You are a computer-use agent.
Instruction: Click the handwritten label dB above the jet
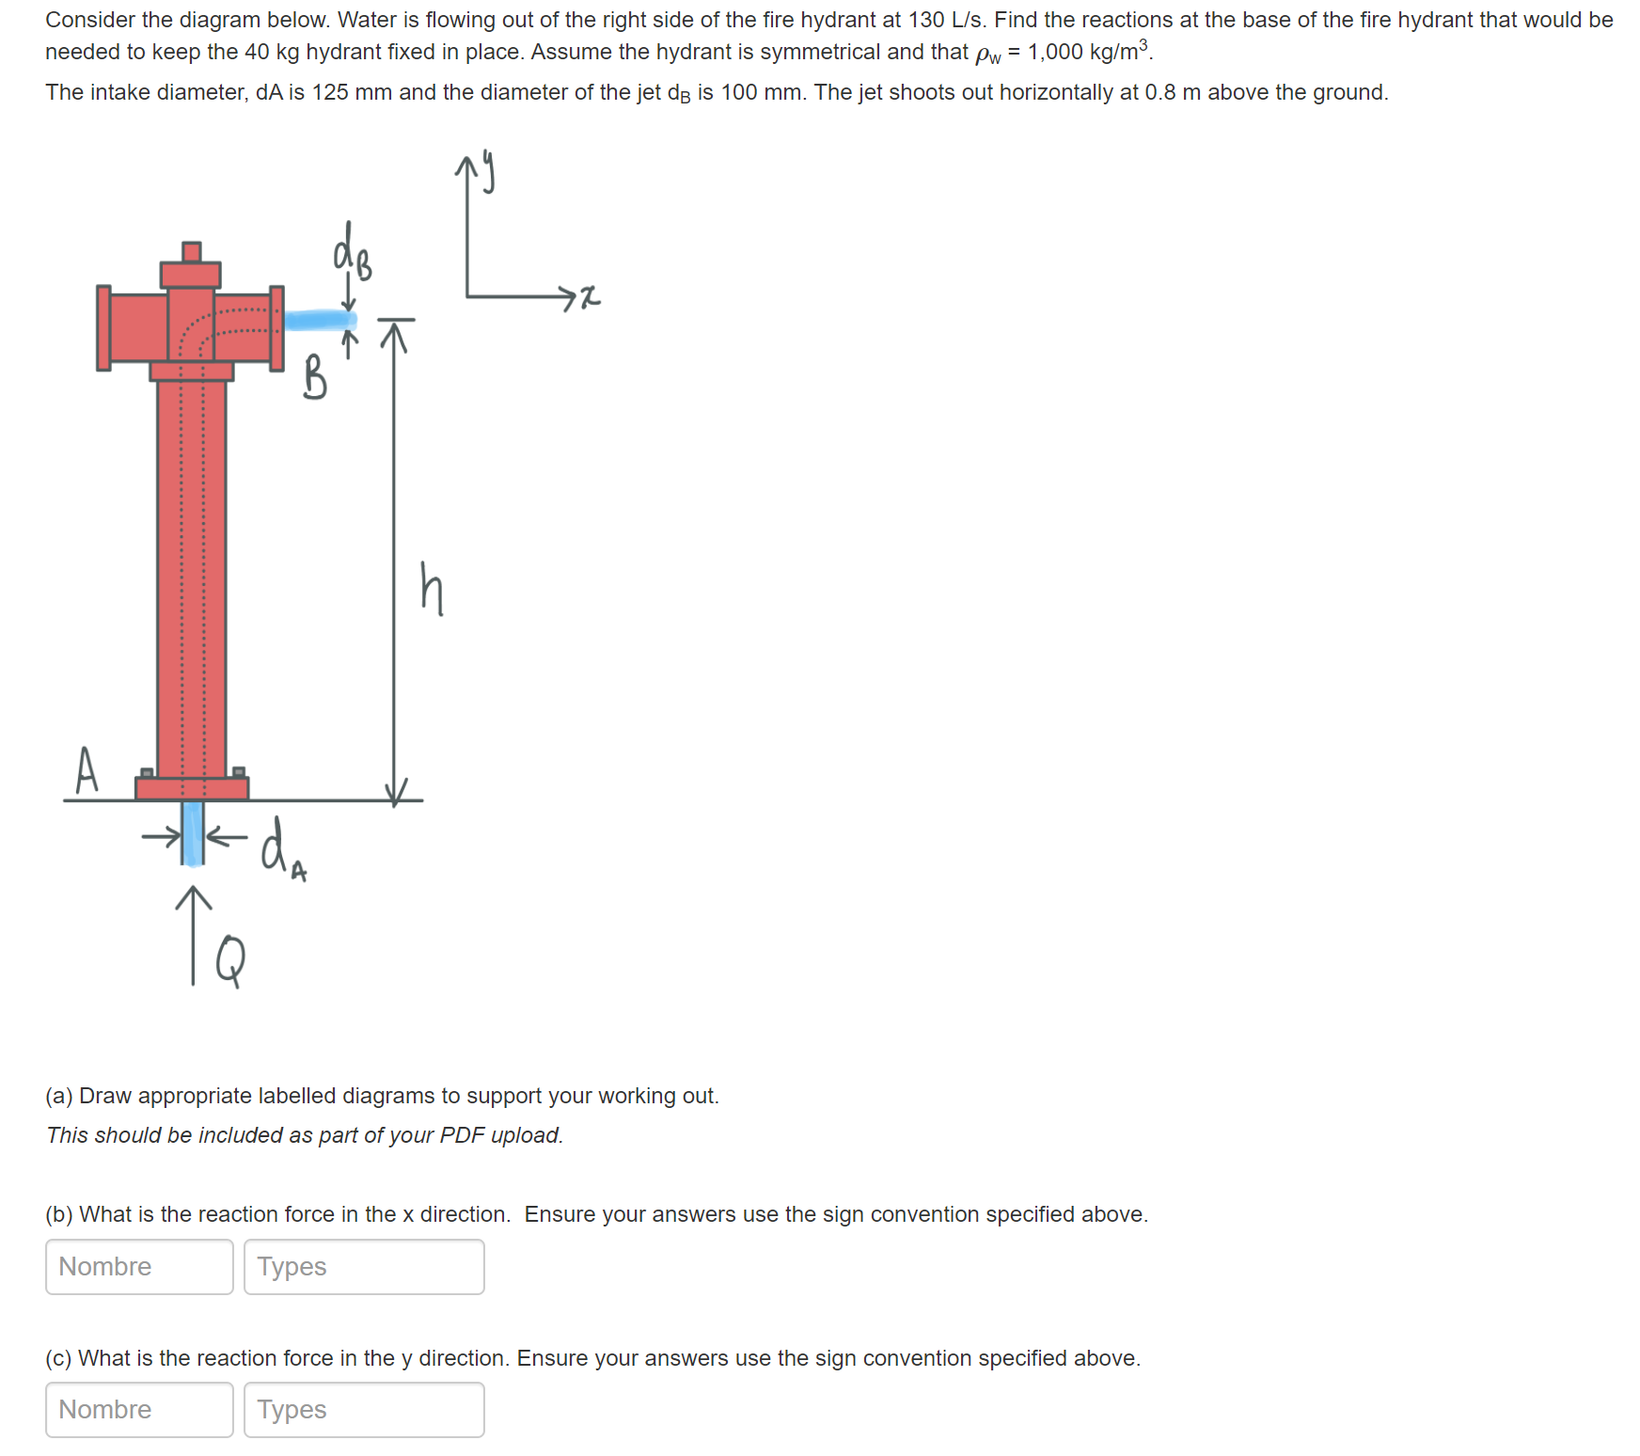click(352, 252)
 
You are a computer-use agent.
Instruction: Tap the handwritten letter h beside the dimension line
click(431, 589)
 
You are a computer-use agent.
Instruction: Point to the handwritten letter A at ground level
click(87, 770)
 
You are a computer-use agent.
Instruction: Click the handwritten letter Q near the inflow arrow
click(230, 960)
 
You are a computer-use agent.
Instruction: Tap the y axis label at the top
click(488, 170)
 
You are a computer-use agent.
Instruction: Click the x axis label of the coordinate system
click(589, 297)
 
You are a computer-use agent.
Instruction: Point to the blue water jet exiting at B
click(320, 320)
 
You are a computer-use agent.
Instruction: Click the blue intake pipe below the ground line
click(193, 832)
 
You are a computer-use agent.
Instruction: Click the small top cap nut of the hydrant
click(191, 251)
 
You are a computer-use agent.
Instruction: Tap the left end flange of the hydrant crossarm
click(103, 328)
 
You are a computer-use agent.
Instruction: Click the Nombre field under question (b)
click(139, 1266)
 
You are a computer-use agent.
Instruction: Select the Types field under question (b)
click(364, 1266)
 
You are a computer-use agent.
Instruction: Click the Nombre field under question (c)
click(139, 1409)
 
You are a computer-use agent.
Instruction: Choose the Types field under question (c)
click(364, 1409)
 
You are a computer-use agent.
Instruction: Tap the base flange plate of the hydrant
click(192, 788)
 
